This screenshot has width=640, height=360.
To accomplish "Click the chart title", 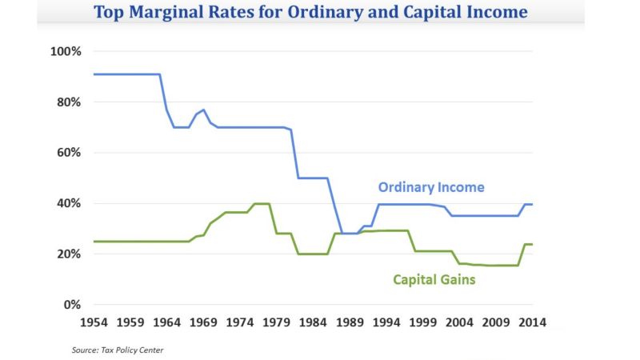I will coord(310,13).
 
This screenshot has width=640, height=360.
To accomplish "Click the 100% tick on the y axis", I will coord(66,52).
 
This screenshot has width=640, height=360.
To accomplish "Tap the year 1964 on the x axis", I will coord(166,322).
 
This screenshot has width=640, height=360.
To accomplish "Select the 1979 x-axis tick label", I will coord(276,322).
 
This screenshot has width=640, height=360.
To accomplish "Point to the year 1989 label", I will coord(350,322).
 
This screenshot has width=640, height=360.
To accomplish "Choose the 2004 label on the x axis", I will coord(459,322).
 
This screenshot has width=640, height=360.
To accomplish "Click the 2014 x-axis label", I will coord(532,322).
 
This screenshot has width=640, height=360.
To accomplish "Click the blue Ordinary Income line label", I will coord(431,187).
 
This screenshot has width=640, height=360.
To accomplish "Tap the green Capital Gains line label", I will coord(434,279).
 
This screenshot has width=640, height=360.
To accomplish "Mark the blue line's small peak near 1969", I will coord(203,110).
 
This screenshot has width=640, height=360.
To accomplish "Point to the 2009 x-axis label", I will coord(496,322).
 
